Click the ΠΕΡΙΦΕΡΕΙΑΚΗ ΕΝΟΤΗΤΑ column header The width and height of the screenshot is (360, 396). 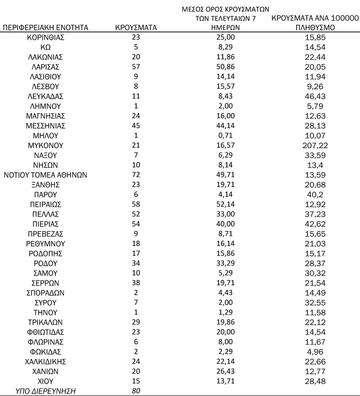tap(46, 28)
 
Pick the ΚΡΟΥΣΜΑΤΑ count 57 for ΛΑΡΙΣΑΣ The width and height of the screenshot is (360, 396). tap(136, 67)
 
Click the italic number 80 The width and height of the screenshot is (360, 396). tap(136, 391)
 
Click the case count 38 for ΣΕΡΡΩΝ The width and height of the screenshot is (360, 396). tap(136, 283)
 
